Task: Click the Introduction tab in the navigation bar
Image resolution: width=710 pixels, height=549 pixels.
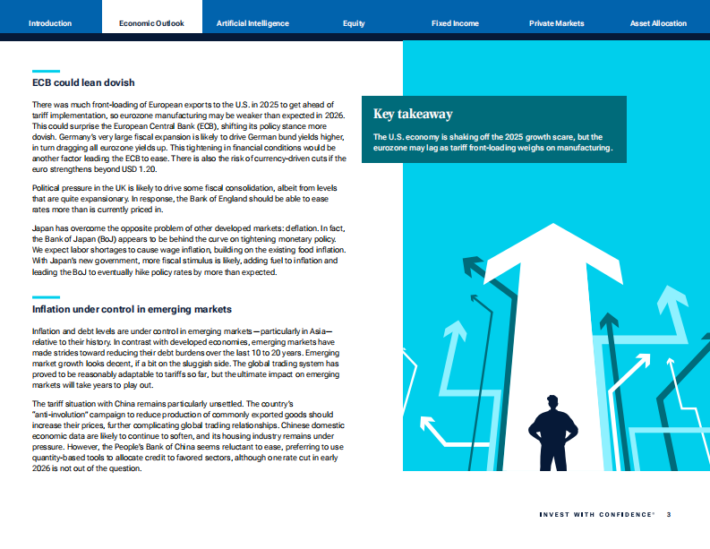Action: [50, 23]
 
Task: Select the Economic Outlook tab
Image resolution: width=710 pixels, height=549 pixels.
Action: [153, 23]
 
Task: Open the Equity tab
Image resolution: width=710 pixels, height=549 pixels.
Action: [354, 23]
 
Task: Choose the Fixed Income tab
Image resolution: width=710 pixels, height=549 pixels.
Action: [455, 23]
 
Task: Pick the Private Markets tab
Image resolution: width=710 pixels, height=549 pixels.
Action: [556, 23]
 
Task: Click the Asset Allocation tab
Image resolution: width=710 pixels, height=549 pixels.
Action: [658, 23]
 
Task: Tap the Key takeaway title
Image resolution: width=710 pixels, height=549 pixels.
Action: [413, 114]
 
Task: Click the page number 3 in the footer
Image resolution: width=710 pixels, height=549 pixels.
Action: [669, 514]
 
